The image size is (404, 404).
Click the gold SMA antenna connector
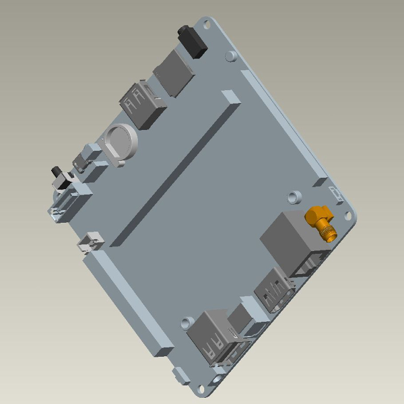tap(321, 223)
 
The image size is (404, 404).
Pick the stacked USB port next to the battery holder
tap(139, 104)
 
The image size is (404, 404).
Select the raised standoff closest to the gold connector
tap(293, 197)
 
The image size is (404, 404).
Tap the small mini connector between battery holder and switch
tap(86, 159)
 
